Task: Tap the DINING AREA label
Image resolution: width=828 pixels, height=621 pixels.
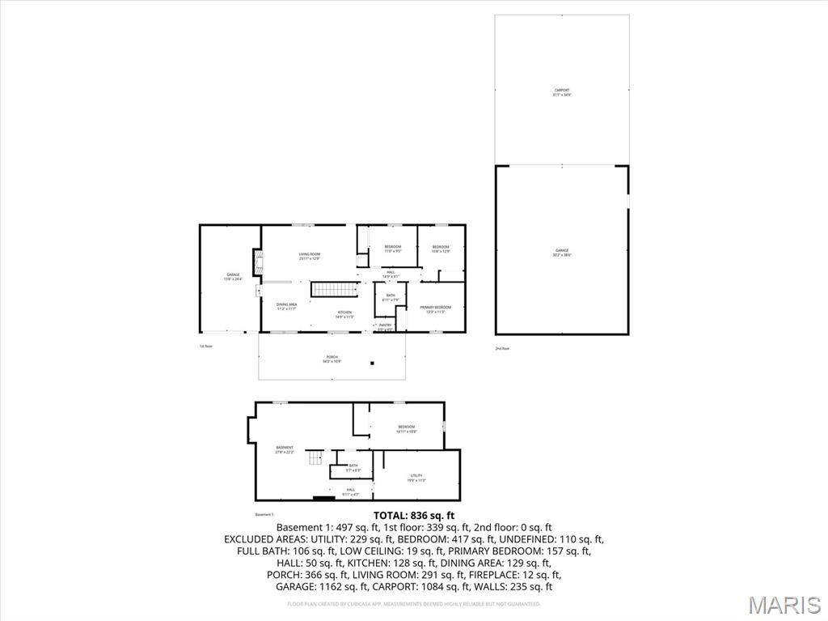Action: tap(287, 306)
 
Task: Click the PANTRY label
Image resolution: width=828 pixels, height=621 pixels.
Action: tap(385, 326)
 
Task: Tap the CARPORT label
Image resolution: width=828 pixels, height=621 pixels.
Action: tap(562, 92)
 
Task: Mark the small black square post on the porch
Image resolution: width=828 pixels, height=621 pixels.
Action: tap(372, 364)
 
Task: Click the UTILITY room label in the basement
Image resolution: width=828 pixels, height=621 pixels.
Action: tap(416, 478)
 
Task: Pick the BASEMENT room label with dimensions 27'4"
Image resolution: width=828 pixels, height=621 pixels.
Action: tap(284, 449)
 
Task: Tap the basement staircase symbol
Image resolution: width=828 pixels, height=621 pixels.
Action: tap(314, 459)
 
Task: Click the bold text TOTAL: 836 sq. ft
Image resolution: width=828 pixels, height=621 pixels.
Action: tap(414, 516)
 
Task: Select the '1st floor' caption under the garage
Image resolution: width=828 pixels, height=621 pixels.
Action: tap(205, 347)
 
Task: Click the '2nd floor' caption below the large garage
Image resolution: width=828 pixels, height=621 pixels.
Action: tap(502, 349)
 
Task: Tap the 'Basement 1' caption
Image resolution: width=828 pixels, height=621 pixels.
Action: tap(264, 515)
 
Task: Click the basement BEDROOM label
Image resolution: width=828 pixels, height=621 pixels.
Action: tap(406, 428)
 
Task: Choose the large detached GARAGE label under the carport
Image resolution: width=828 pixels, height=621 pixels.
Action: tap(562, 252)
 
